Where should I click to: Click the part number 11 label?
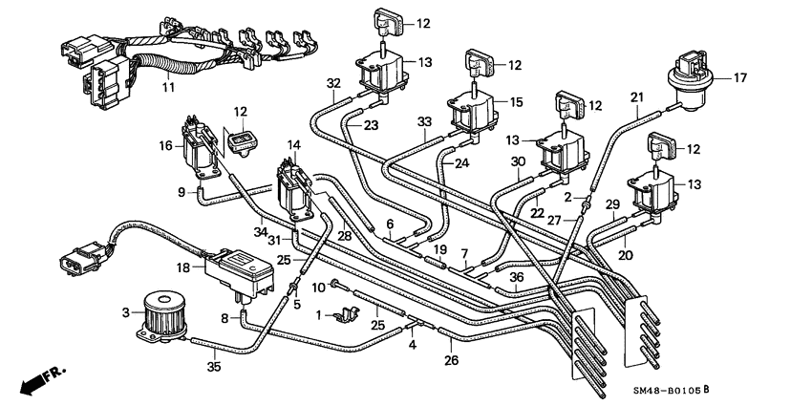point(168,88)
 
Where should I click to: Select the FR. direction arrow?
point(35,380)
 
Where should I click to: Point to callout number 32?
point(333,83)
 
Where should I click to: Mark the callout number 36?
point(516,278)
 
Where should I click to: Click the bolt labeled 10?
point(335,284)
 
